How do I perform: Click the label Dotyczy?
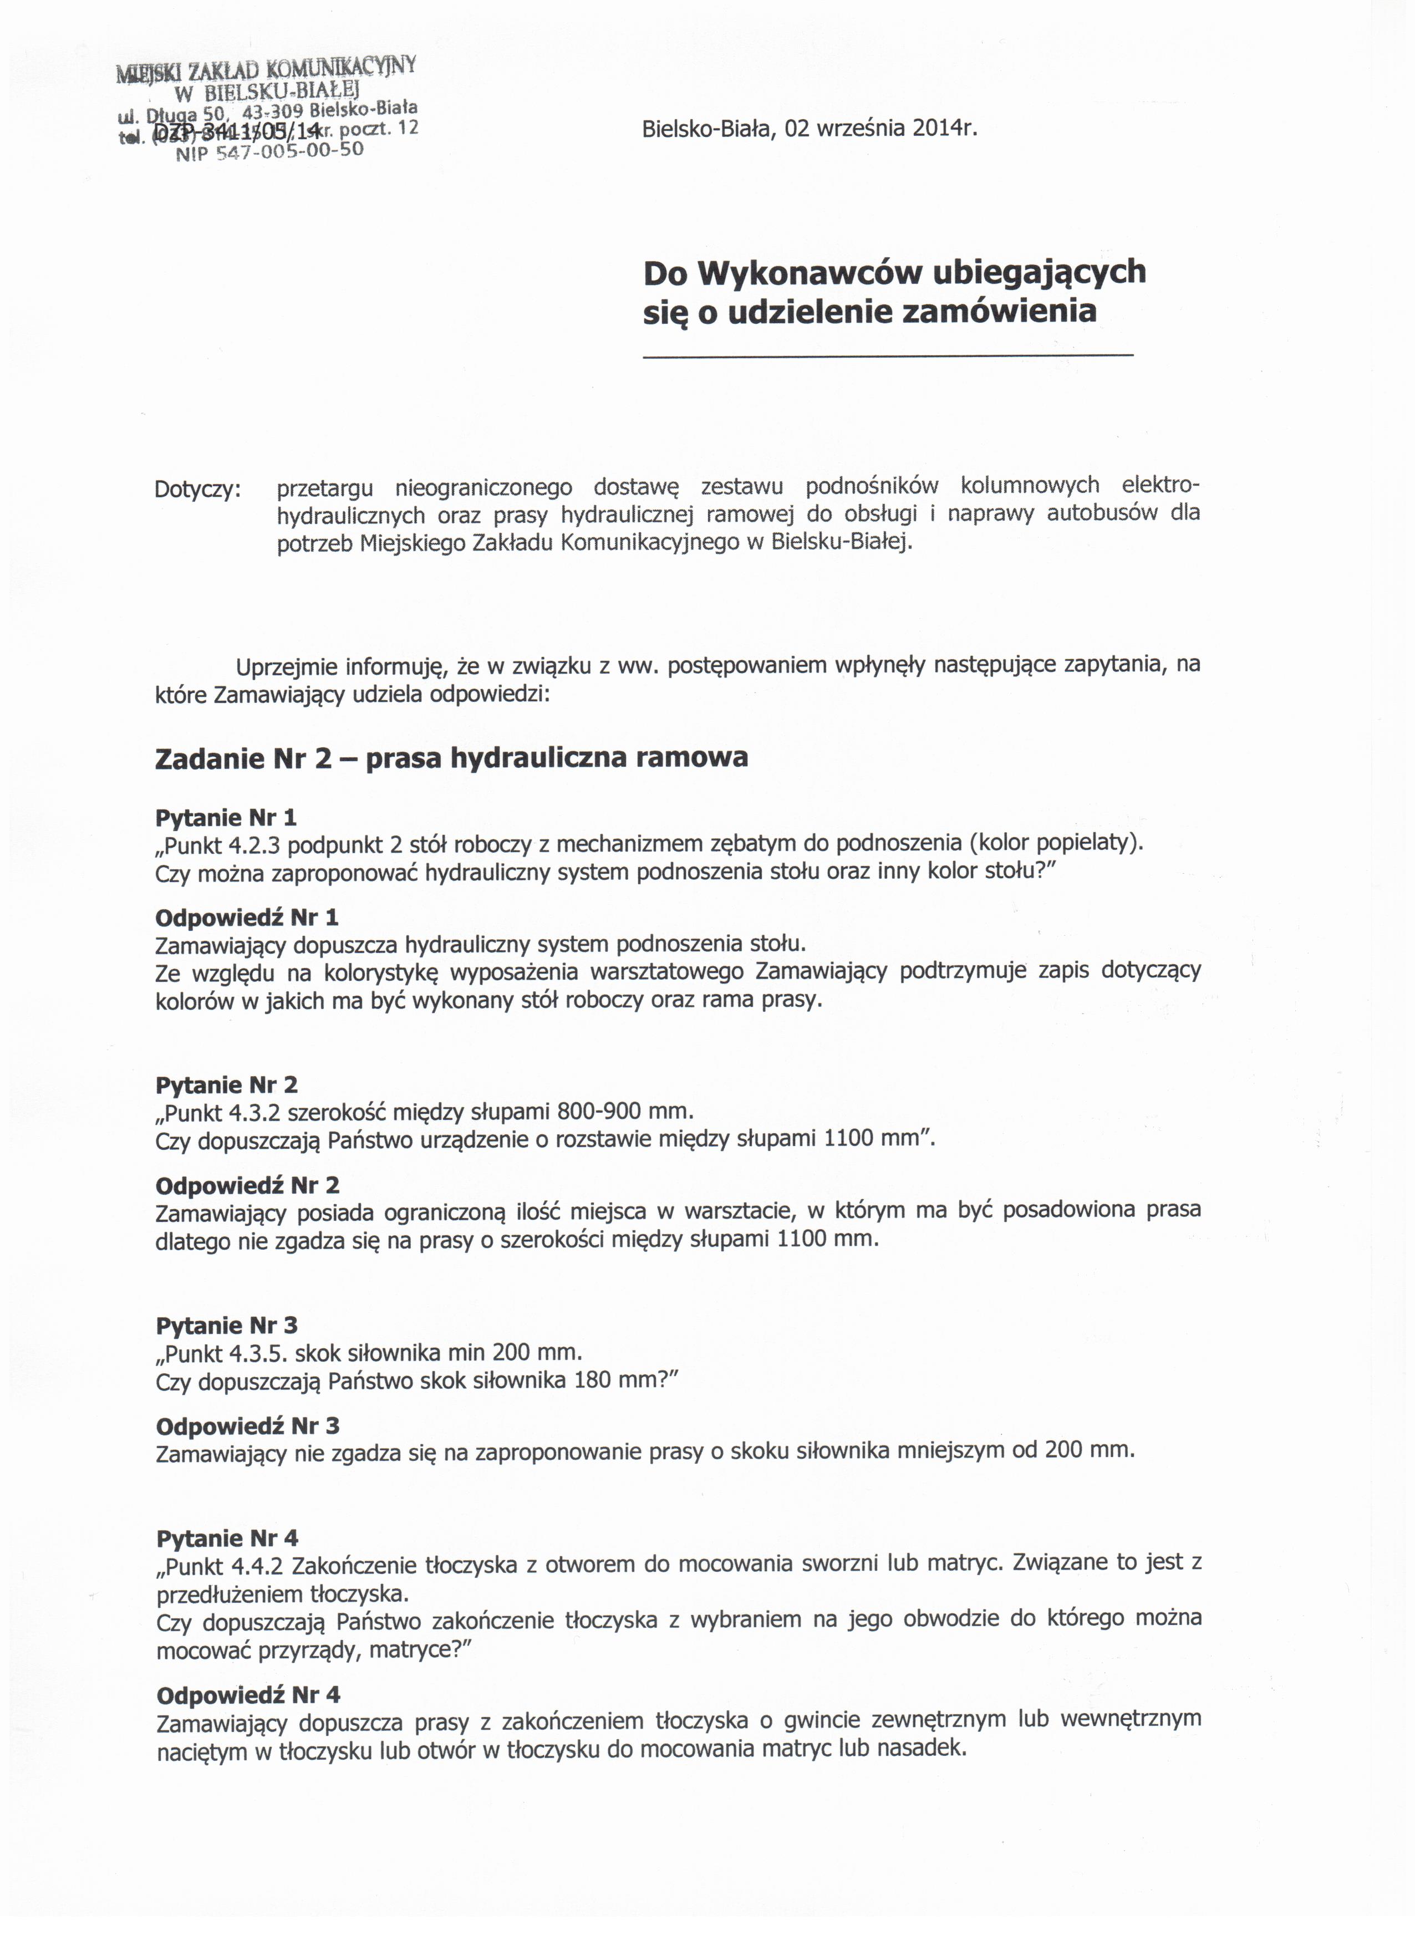pyautogui.click(x=198, y=490)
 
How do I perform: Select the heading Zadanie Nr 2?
pyautogui.click(x=243, y=758)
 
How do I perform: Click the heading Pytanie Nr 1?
pyautogui.click(x=226, y=817)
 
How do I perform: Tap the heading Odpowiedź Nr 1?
pyautogui.click(x=246, y=917)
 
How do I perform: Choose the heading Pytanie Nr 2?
pyautogui.click(x=227, y=1084)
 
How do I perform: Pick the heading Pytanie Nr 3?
pyautogui.click(x=227, y=1326)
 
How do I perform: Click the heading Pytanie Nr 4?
pyautogui.click(x=227, y=1537)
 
